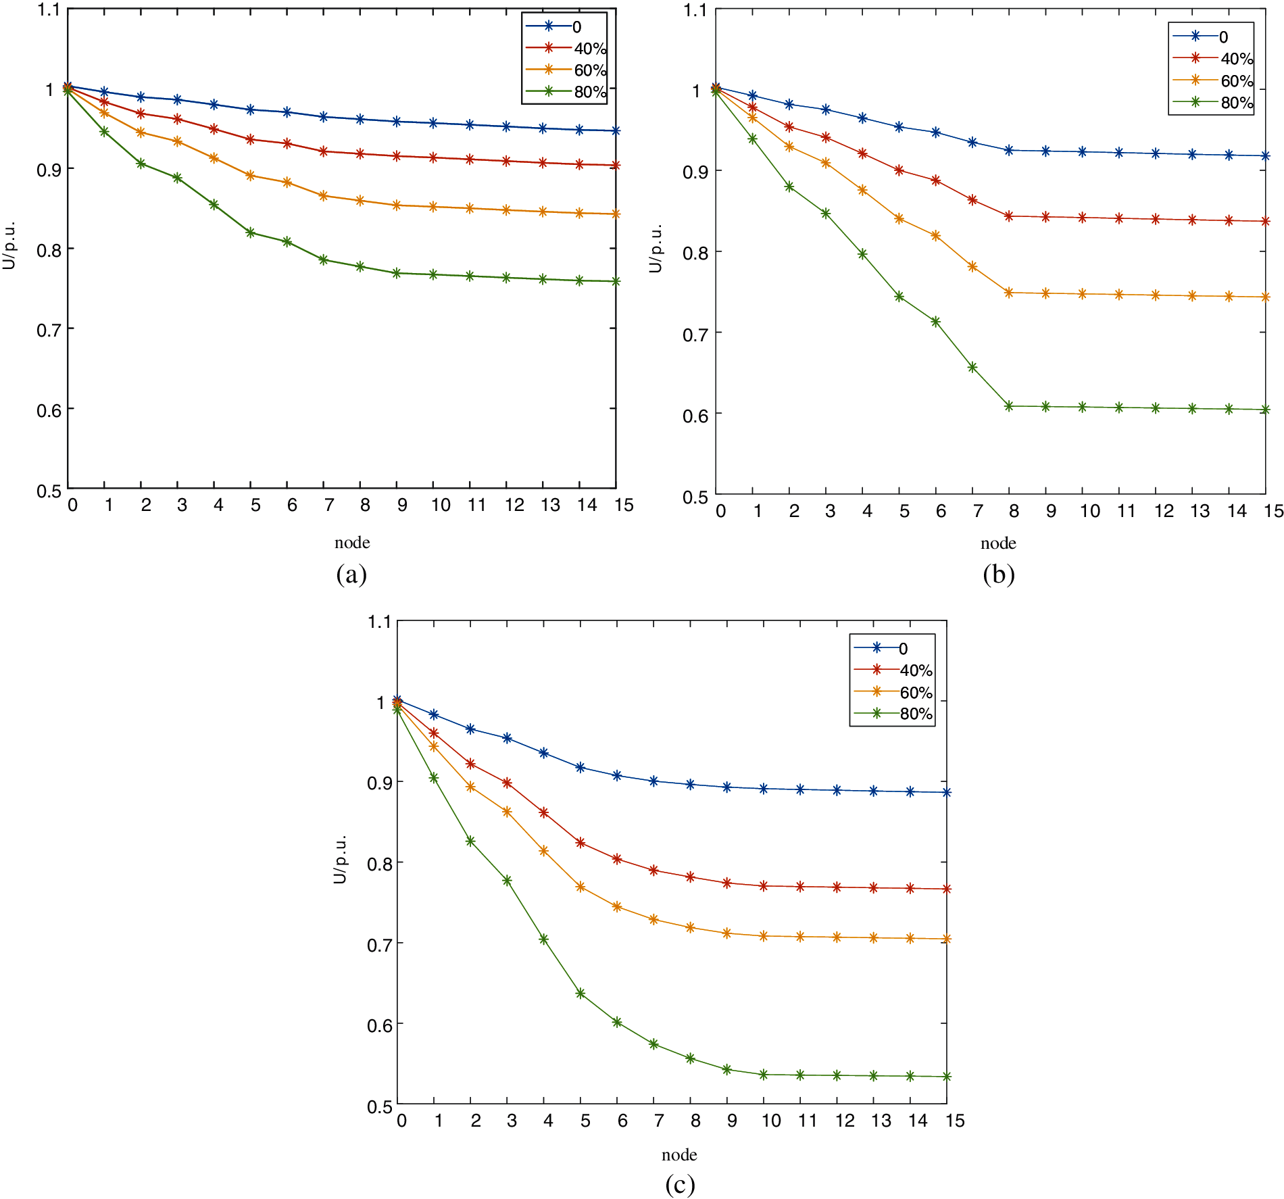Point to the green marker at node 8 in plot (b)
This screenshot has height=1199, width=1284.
pos(1009,406)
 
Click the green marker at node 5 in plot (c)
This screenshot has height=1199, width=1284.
pos(581,994)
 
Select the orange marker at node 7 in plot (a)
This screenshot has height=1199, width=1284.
pos(324,196)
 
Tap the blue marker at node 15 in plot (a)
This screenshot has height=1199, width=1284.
pos(616,130)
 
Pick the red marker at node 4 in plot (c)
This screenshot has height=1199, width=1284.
pos(544,812)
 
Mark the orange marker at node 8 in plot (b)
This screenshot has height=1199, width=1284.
pos(1009,293)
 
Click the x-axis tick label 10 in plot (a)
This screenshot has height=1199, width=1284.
pos(441,505)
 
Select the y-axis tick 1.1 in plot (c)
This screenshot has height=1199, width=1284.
pos(379,622)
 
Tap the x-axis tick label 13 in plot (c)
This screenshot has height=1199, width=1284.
pos(881,1121)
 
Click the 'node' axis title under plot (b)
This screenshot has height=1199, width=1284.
pos(998,543)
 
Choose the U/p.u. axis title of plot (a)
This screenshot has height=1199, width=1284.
pos(9,246)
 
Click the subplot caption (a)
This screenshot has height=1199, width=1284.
pos(351,574)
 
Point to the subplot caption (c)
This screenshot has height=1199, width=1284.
pos(679,1184)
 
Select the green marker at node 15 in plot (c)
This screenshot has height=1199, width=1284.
pos(947,1077)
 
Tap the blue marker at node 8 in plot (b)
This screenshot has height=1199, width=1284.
pos(1009,150)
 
